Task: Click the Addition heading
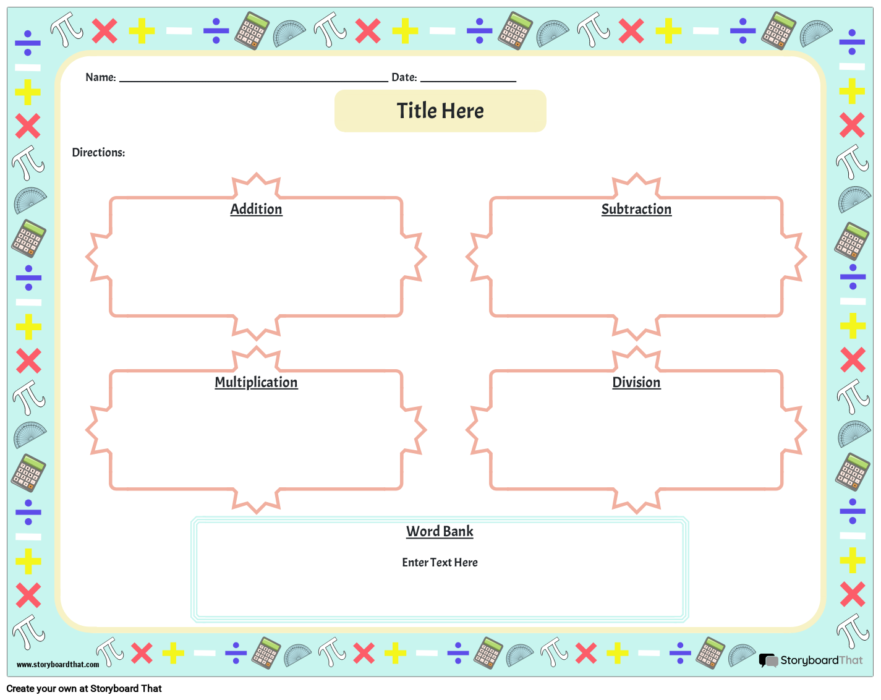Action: pos(256,209)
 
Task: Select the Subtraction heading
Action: pos(636,209)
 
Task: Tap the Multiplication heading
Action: pos(256,382)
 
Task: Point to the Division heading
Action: pos(636,382)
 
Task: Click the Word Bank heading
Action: pos(440,531)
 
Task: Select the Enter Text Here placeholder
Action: pos(440,562)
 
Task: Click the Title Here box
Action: pos(440,111)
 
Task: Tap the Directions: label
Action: pos(98,152)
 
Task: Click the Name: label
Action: pos(101,77)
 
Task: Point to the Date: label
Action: pos(404,77)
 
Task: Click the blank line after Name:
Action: pos(253,80)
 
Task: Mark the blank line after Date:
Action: pos(468,80)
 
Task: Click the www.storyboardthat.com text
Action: pos(57,665)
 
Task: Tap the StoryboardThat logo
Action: pos(811,660)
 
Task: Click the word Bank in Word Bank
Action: pos(458,531)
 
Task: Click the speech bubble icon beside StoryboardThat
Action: pos(768,660)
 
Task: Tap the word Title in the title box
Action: pos(417,111)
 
